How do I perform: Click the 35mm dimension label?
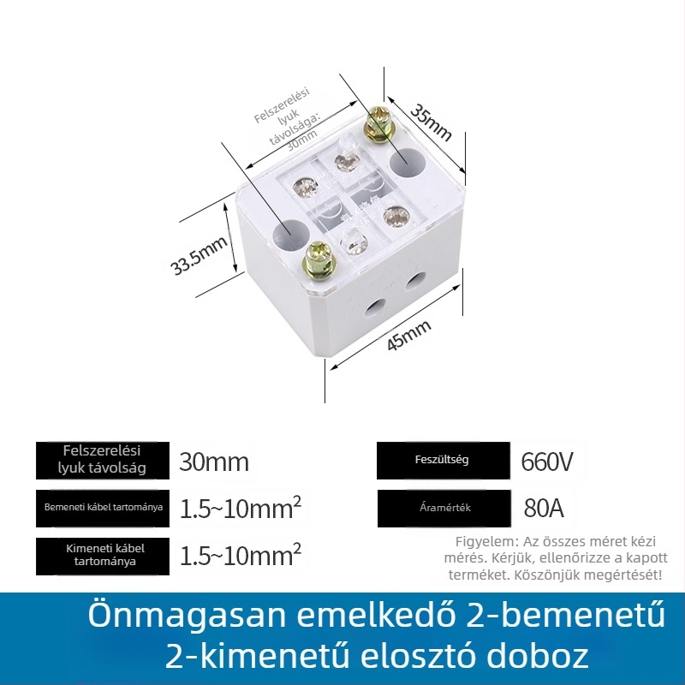click(x=431, y=122)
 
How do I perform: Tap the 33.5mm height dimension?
click(x=199, y=255)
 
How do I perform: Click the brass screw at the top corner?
click(x=378, y=123)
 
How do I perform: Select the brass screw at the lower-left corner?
click(x=318, y=261)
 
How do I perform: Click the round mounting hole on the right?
click(x=408, y=163)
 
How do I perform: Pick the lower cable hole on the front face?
click(x=375, y=308)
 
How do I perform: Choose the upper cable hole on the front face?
click(x=416, y=282)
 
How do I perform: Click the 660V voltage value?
click(x=546, y=462)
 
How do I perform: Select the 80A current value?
click(x=544, y=508)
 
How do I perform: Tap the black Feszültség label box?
click(x=444, y=461)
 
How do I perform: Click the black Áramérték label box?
click(x=444, y=508)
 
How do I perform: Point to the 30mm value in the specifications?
click(x=214, y=462)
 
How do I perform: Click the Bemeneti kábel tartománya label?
click(x=103, y=508)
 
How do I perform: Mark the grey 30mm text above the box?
click(x=302, y=140)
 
